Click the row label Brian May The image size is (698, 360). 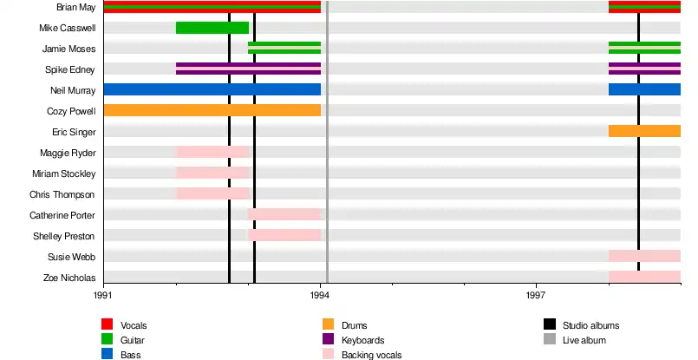click(x=75, y=7)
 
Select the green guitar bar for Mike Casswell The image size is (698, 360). click(x=212, y=28)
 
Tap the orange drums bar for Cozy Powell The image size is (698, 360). click(x=212, y=110)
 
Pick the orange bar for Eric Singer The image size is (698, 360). click(x=644, y=131)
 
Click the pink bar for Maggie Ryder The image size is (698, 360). click(x=212, y=152)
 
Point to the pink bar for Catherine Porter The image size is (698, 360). click(x=284, y=214)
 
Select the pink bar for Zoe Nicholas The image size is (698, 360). click(x=644, y=277)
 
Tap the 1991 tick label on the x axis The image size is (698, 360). click(x=103, y=296)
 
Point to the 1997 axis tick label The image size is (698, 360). click(x=536, y=296)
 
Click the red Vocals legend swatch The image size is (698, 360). click(x=108, y=324)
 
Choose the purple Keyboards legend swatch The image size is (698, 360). click(x=328, y=340)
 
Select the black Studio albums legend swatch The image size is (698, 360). click(x=549, y=324)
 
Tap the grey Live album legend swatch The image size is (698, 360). click(x=549, y=340)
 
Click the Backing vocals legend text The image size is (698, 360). click(x=371, y=355)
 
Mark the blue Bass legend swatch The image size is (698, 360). click(x=108, y=355)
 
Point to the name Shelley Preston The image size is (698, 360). click(x=63, y=236)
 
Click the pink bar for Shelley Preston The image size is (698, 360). click(x=284, y=235)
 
